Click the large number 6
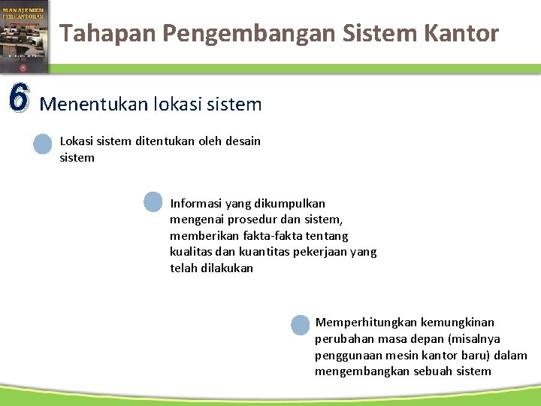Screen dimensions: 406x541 coord(18,97)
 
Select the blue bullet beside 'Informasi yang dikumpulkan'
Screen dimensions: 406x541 coord(153,202)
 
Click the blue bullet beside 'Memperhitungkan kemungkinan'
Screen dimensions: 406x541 coord(299,324)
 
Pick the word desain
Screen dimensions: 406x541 coord(241,141)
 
